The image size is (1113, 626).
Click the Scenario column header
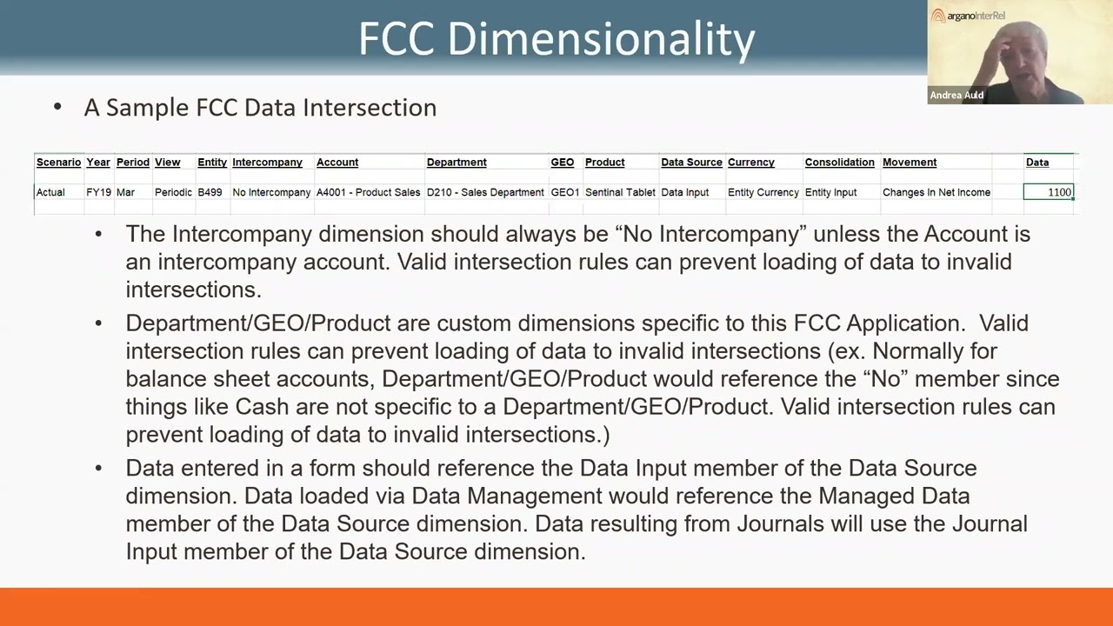[x=58, y=162]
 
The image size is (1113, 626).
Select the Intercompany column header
[x=267, y=162]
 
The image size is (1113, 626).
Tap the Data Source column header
[x=691, y=162]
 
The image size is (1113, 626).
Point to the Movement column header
[x=910, y=162]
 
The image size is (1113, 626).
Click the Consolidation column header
[x=840, y=162]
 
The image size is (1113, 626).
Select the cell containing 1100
[x=1049, y=192]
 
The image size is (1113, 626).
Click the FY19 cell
[x=98, y=192]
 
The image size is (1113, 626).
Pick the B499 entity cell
[x=210, y=192]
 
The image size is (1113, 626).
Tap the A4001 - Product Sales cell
[x=368, y=192]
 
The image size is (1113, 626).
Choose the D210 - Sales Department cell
[x=485, y=192]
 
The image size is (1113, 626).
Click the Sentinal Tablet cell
[x=620, y=192]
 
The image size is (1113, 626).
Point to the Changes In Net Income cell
[x=936, y=192]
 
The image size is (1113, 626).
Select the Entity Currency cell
[x=763, y=192]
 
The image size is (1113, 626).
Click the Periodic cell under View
[x=173, y=192]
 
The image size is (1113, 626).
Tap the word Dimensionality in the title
[x=601, y=39]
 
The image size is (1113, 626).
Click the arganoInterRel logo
[x=968, y=16]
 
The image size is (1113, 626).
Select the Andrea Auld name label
[x=956, y=95]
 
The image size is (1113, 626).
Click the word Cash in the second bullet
[x=262, y=406]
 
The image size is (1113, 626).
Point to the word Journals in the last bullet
[x=781, y=523]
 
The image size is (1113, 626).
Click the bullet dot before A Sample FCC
[x=57, y=106]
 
